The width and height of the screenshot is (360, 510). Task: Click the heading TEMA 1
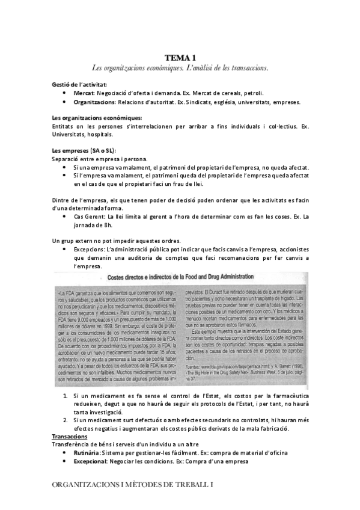point(180,58)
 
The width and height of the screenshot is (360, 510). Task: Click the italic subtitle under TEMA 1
point(180,68)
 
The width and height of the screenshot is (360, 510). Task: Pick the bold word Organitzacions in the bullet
point(96,102)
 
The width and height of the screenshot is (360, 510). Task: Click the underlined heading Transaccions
point(70,436)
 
